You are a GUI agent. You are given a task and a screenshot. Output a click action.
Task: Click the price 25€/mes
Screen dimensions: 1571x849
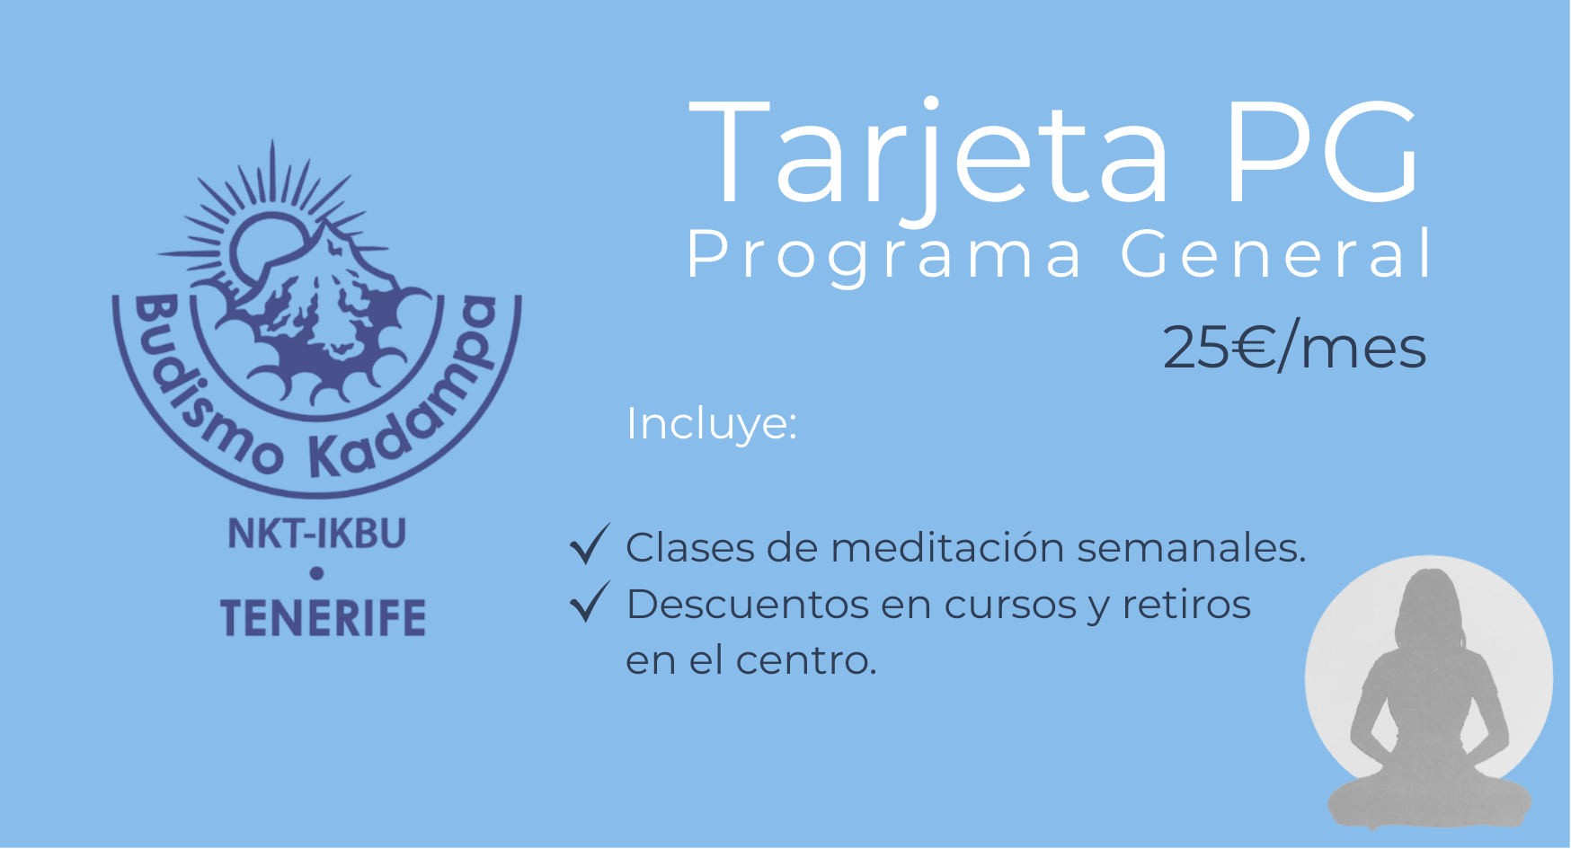[1294, 348]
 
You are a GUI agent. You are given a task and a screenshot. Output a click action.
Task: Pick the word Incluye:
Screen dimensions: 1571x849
[712, 424]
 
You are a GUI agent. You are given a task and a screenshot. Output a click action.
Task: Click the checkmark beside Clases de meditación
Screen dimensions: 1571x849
[590, 544]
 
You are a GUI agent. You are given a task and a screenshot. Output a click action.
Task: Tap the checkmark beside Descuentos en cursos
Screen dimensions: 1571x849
[590, 601]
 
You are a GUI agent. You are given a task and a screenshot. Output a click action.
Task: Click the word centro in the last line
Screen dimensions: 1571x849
[804, 661]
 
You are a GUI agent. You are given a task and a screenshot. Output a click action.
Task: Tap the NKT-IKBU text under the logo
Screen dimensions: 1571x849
[317, 535]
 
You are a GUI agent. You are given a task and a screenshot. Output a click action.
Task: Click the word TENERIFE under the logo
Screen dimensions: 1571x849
[323, 618]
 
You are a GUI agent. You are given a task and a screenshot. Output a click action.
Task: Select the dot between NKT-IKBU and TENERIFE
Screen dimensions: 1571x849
[316, 573]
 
